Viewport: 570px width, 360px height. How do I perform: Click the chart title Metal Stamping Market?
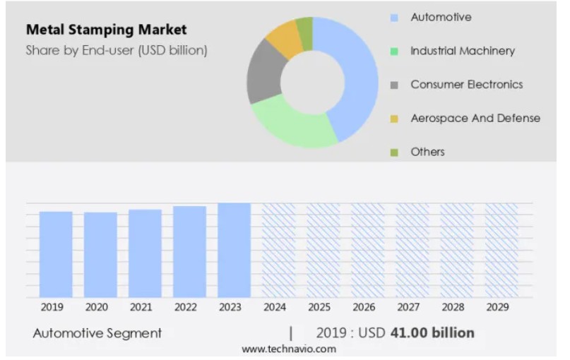(x=106, y=30)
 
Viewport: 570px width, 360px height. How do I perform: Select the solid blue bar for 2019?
(x=56, y=254)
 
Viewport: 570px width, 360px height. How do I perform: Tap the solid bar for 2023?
(x=234, y=250)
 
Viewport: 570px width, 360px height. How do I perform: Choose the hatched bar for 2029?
(x=501, y=250)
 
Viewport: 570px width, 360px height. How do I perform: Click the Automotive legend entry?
(x=441, y=17)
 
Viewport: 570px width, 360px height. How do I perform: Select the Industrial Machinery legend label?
(x=462, y=51)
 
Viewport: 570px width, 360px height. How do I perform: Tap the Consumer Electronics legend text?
(x=466, y=85)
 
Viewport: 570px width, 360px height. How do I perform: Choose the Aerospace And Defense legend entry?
(x=475, y=118)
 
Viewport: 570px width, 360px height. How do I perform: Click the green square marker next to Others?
(x=394, y=152)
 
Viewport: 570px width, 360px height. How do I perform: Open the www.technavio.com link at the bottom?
(x=288, y=349)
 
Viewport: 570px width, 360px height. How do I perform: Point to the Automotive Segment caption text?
(x=97, y=333)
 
